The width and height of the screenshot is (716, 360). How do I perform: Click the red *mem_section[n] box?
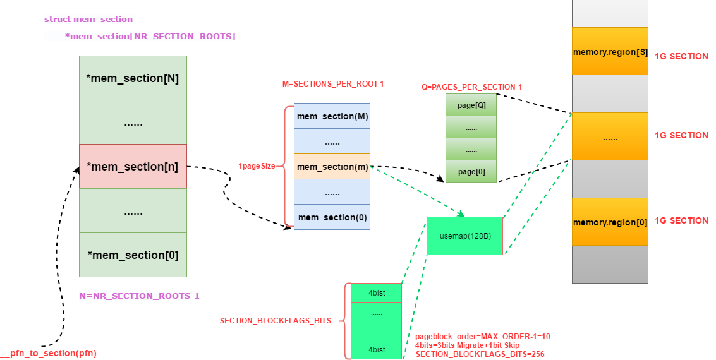coord(133,167)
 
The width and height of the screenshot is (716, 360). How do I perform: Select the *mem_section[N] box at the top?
coord(133,78)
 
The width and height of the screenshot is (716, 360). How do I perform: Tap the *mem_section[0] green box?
coord(133,255)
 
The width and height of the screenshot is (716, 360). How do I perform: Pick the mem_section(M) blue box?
coord(332,116)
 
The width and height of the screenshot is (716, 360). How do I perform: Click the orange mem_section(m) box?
coord(332,167)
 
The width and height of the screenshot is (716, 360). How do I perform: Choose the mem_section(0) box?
coord(332,217)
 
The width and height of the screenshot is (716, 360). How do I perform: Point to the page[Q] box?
coord(471,105)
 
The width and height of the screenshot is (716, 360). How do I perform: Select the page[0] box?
coord(471,171)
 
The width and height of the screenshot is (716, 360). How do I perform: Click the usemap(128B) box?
coord(464,236)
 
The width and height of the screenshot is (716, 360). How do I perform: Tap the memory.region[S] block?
coord(610,52)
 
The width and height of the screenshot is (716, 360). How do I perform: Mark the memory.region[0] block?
coord(610,222)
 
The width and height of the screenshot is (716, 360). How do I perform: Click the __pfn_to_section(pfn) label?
coord(49,353)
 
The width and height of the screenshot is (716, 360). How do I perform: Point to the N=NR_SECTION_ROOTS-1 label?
coord(139,296)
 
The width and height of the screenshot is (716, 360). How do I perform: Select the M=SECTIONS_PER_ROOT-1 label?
coord(333,84)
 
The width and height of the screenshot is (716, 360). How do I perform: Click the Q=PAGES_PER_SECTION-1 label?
coord(471,87)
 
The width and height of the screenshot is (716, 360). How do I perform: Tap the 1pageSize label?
coord(257,166)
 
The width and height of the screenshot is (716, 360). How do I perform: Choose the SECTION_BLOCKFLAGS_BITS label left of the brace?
coord(276,321)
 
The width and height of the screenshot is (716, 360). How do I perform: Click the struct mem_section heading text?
coord(88,20)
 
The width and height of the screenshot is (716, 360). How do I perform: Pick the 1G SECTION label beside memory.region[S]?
coord(681,56)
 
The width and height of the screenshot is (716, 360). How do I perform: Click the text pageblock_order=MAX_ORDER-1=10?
coord(483,337)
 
